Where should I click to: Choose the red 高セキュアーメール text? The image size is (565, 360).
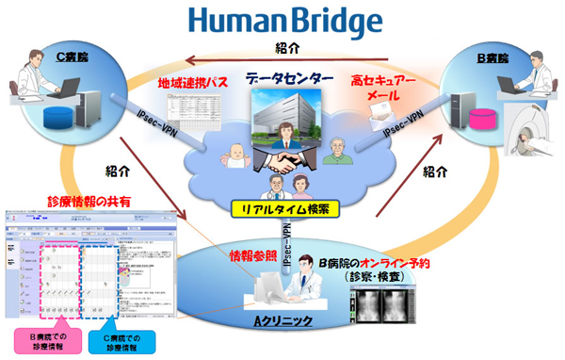[381, 90]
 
